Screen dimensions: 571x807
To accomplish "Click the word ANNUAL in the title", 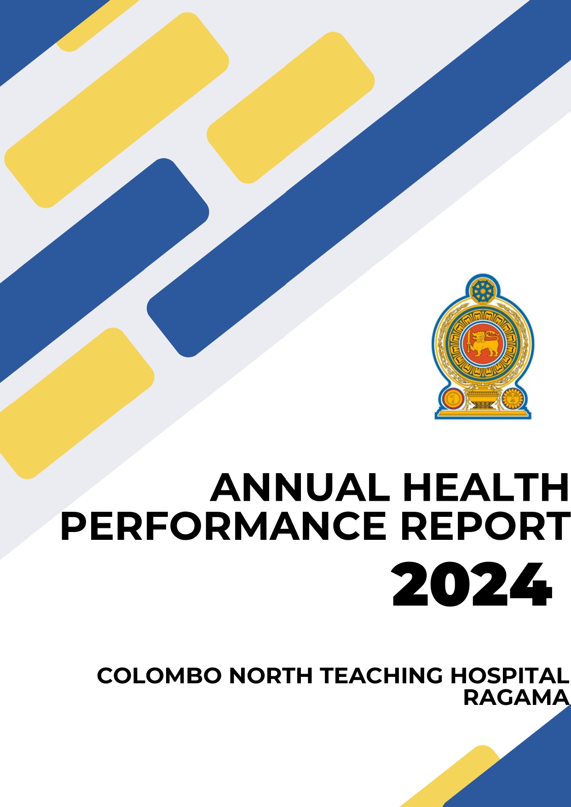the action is pos(300,487).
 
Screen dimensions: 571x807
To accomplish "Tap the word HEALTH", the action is pos(486,487).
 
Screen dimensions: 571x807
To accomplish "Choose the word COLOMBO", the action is pos(159,675).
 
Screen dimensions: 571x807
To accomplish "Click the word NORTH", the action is pos(271,675).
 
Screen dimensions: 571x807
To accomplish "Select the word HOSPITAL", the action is pos(509,675).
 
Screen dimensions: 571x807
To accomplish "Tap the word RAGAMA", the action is pos(516,697).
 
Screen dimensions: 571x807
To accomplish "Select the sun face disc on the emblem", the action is pos(512,398).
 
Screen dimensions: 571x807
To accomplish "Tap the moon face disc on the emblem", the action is pos(453,398).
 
